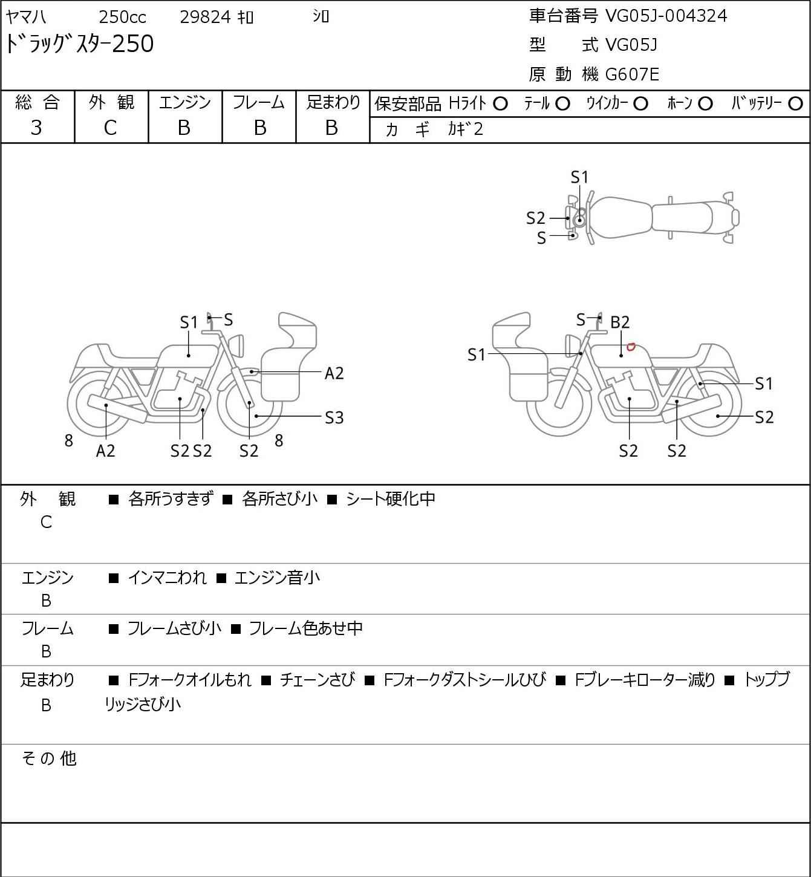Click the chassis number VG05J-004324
(x=666, y=16)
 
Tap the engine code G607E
(x=632, y=74)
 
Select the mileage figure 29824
(x=206, y=17)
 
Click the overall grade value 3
(x=36, y=128)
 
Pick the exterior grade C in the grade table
(x=110, y=128)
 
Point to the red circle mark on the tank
(x=631, y=347)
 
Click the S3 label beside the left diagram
(x=334, y=417)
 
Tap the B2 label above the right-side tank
(x=620, y=322)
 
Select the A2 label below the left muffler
(x=106, y=451)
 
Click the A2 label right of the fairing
(x=334, y=374)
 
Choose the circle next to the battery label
(x=795, y=104)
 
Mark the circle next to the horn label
(x=705, y=104)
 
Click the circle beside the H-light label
(x=500, y=104)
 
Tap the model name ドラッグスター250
(x=79, y=44)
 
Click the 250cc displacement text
(x=122, y=17)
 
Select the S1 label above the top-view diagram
(x=579, y=178)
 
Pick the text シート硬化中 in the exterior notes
(x=391, y=498)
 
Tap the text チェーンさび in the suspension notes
(x=317, y=680)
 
